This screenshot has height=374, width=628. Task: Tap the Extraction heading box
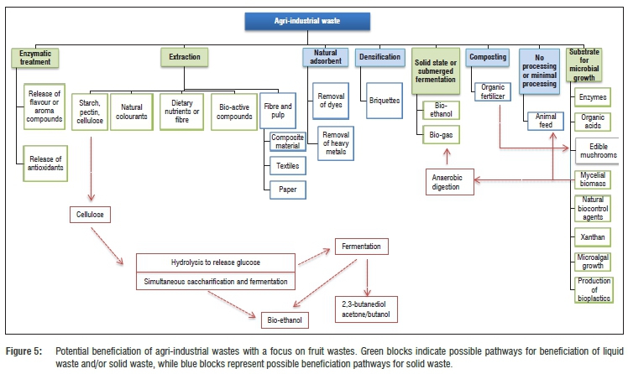click(x=184, y=56)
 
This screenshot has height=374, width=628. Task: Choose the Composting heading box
click(x=487, y=56)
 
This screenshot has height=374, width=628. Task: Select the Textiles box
click(x=288, y=166)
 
